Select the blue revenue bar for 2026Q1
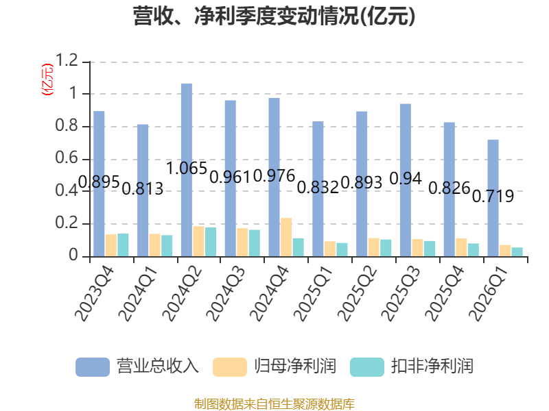493,198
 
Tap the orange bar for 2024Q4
286,237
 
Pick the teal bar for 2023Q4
123,245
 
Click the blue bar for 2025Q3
405,180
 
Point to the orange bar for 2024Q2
198,241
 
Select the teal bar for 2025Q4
474,250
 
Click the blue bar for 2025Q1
318,189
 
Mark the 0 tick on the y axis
76,256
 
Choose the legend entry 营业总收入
137,366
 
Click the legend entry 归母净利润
274,366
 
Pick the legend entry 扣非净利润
412,366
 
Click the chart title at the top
274,16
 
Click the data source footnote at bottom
274,403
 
